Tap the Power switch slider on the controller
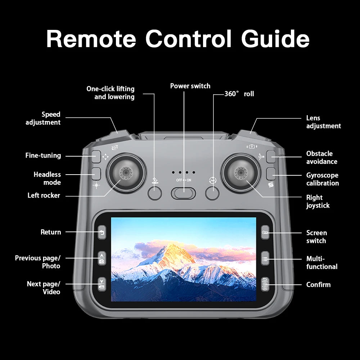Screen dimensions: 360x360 (x=183, y=193)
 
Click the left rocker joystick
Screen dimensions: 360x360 (x=126, y=173)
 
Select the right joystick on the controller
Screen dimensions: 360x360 (x=240, y=173)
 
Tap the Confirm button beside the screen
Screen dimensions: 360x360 (x=265, y=284)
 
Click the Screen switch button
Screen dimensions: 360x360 (x=265, y=233)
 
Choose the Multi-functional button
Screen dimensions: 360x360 (x=265, y=258)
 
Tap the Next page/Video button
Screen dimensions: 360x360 (x=102, y=284)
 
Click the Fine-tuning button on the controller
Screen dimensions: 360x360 (x=95, y=156)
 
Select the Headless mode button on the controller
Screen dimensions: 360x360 (x=95, y=174)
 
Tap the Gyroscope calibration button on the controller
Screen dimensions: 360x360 (x=271, y=174)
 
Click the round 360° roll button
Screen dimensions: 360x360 (x=212, y=193)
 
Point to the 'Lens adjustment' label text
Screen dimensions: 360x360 (x=323, y=122)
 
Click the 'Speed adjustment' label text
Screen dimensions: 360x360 (x=43, y=118)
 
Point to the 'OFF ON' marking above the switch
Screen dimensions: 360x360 (x=184, y=180)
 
